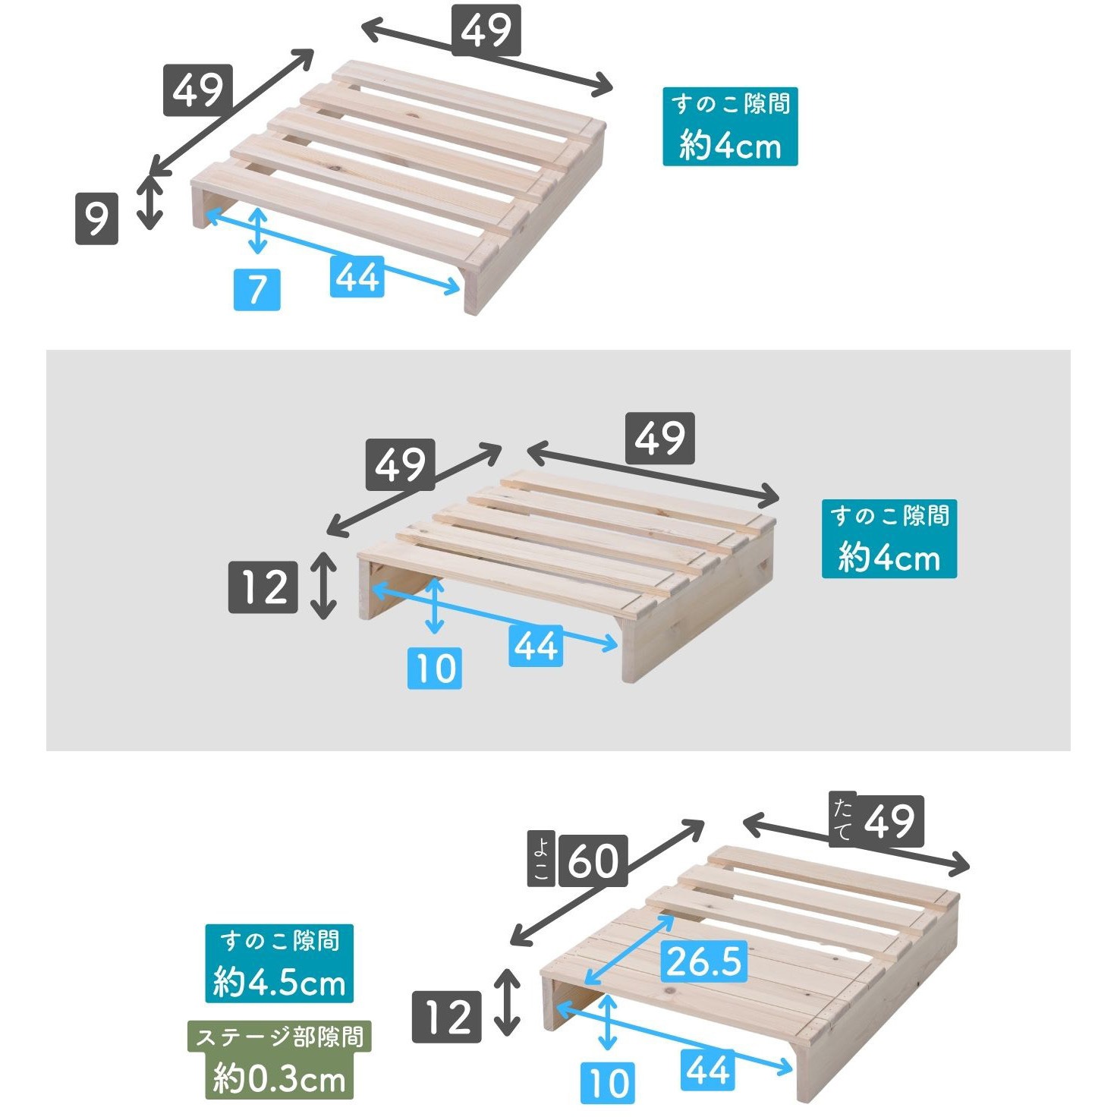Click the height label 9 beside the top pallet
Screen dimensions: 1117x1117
(97, 219)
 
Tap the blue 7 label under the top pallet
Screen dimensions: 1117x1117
(256, 289)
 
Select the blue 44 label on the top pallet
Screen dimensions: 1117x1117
(357, 276)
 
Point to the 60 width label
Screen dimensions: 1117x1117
(593, 861)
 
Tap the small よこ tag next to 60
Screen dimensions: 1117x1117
(540, 859)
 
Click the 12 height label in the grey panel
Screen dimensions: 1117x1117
(263, 587)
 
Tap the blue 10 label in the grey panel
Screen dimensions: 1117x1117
(435, 668)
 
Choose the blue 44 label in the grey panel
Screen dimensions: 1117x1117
(536, 645)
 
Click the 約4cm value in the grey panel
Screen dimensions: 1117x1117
(889, 558)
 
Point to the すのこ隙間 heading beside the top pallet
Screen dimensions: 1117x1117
(730, 104)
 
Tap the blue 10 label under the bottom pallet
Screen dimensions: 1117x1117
(608, 1082)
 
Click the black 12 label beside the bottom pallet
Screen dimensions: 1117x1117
(446, 1017)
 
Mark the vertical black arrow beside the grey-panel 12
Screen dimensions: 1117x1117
(323, 585)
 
